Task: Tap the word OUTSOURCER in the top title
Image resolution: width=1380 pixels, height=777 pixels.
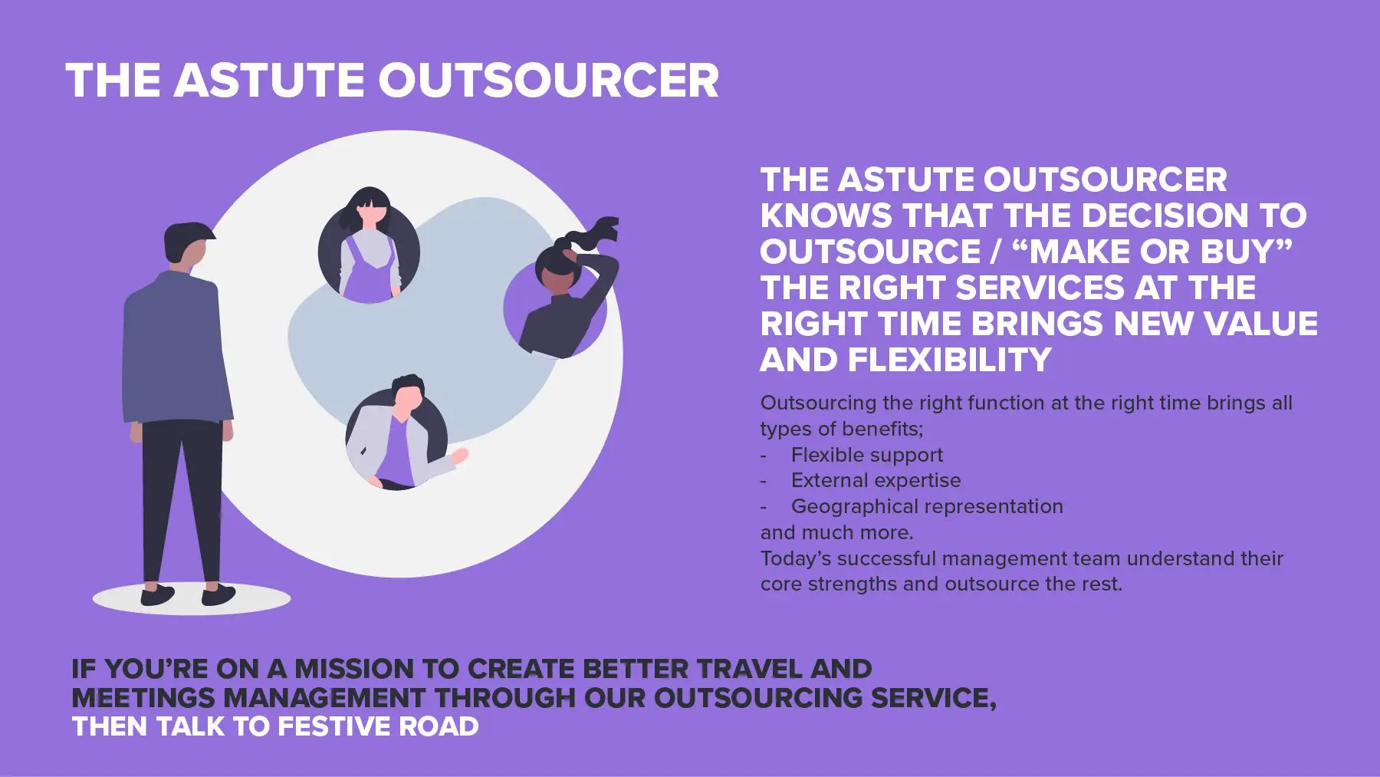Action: click(549, 80)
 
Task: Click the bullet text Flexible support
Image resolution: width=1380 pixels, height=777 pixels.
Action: click(867, 455)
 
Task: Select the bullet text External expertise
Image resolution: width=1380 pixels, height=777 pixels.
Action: click(876, 480)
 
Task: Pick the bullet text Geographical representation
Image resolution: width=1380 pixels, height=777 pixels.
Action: click(927, 506)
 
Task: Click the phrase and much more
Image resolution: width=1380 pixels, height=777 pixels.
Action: click(836, 532)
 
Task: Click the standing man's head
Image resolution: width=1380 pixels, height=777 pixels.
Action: click(188, 246)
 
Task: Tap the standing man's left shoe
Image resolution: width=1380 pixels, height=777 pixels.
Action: click(158, 595)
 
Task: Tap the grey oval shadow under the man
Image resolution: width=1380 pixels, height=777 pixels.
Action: click(192, 599)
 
